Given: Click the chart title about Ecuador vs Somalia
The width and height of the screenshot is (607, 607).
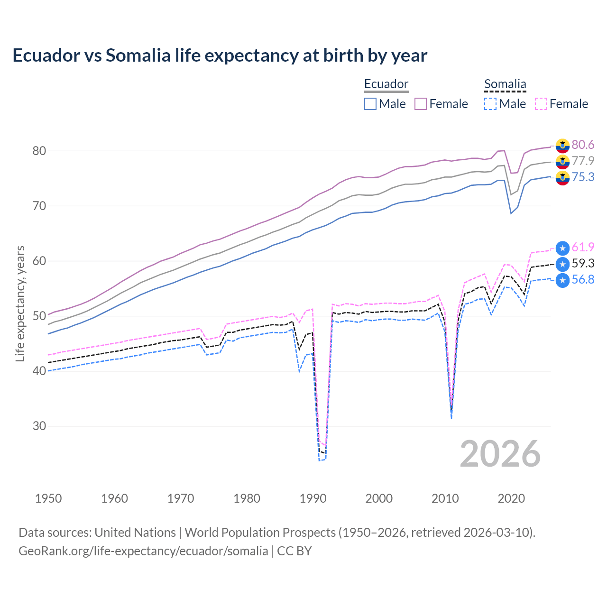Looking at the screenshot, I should click(x=220, y=55).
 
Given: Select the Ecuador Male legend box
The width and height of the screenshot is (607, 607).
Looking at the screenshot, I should click(x=370, y=104).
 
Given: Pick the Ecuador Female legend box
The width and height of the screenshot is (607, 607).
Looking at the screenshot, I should click(x=421, y=104).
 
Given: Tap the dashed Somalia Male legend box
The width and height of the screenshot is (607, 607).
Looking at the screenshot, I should click(x=490, y=104).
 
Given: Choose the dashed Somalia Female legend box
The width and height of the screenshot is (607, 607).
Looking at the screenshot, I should click(x=541, y=104).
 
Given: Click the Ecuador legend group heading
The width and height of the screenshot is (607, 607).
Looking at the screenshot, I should click(x=386, y=84).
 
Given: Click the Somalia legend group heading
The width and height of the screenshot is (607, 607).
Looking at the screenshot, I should click(x=505, y=84).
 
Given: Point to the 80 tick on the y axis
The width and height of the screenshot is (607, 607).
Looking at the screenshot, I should click(x=39, y=151).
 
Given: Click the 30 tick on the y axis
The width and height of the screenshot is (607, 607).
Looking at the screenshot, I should click(x=39, y=426).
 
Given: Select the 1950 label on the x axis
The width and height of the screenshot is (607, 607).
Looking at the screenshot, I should click(x=48, y=498).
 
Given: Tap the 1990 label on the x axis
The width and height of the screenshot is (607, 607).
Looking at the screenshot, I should click(x=313, y=498).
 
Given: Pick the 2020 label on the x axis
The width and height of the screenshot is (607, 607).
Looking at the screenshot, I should click(x=511, y=498).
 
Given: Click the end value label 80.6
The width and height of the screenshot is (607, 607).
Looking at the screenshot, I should click(x=583, y=145).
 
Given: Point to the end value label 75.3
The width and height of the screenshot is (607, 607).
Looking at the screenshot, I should click(x=583, y=177).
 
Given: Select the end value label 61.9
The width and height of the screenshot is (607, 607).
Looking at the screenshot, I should click(x=583, y=247).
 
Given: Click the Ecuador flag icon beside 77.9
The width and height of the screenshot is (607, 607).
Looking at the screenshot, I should click(x=562, y=161).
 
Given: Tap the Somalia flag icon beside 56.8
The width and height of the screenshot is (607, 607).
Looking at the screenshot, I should click(x=562, y=280).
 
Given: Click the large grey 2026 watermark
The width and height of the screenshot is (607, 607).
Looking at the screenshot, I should click(x=500, y=454).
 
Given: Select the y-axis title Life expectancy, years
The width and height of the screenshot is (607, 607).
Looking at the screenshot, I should click(x=20, y=303).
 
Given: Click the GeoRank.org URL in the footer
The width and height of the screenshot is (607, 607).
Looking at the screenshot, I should click(x=143, y=551).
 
